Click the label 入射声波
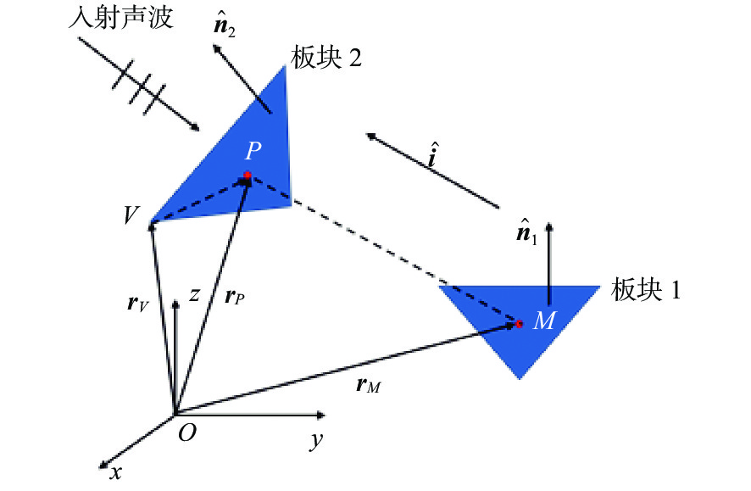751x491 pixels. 120,19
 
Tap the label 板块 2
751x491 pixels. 326,58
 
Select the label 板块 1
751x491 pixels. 646,289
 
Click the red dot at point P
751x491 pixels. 248,176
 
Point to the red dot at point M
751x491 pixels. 519,324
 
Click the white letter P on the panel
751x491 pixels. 253,151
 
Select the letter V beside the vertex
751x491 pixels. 131,215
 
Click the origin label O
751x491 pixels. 186,433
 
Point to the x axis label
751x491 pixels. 115,473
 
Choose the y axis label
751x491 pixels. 316,439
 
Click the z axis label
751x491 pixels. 194,294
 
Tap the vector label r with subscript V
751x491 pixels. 138,304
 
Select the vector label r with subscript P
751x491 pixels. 234,298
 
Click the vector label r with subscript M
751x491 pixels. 368,385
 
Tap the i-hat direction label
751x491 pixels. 432,154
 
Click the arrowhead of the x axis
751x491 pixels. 102,466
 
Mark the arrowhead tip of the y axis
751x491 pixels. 325,415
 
